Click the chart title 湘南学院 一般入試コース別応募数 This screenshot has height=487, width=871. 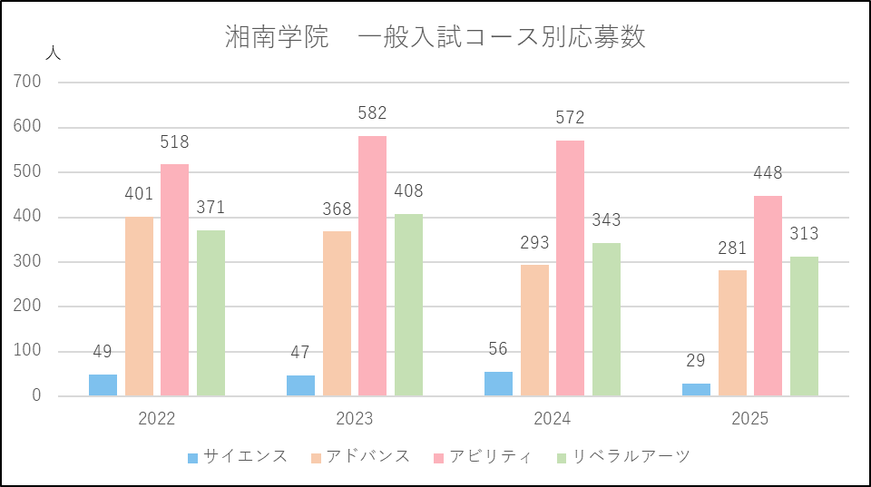(x=435, y=37)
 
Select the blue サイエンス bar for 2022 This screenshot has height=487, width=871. (x=103, y=385)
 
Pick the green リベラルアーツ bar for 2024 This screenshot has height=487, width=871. (x=606, y=354)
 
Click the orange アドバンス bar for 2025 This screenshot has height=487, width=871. (x=732, y=333)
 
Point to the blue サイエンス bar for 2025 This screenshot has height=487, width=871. (x=696, y=390)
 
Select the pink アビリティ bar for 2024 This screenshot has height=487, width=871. (x=570, y=268)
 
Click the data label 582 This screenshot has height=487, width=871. (x=372, y=113)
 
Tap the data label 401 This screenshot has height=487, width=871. (x=139, y=194)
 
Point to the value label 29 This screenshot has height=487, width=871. (x=696, y=361)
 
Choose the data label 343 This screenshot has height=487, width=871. (x=606, y=220)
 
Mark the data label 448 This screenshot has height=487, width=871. (x=768, y=173)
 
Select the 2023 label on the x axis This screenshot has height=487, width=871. (x=355, y=419)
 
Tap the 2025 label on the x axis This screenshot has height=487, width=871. (x=750, y=419)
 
